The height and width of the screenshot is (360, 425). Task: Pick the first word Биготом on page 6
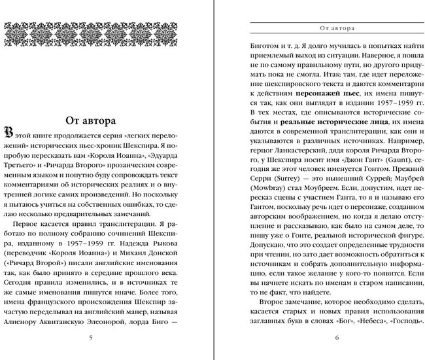pyautogui.click(x=267, y=46)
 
